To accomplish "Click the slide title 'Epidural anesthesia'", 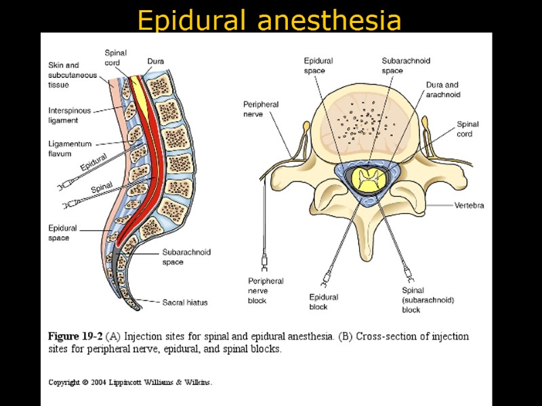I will [269, 20].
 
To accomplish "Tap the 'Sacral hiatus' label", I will [185, 302].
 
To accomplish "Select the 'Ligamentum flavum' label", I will [64, 149].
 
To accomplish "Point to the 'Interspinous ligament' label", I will [68, 116].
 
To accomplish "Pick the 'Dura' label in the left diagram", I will [155, 62].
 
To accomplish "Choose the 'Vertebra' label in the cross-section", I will [469, 205].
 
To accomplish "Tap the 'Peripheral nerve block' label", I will [266, 291].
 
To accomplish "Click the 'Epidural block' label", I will [323, 302].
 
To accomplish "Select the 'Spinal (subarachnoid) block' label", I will [427, 300].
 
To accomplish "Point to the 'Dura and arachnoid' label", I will [443, 90].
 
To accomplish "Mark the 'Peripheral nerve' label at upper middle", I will [261, 110].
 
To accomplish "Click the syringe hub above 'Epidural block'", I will [326, 277].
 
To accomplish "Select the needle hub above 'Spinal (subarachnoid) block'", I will [409, 274].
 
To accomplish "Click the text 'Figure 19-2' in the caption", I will [75, 336].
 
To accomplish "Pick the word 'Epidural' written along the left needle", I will [93, 163].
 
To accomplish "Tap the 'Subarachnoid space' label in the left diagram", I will [186, 257].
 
